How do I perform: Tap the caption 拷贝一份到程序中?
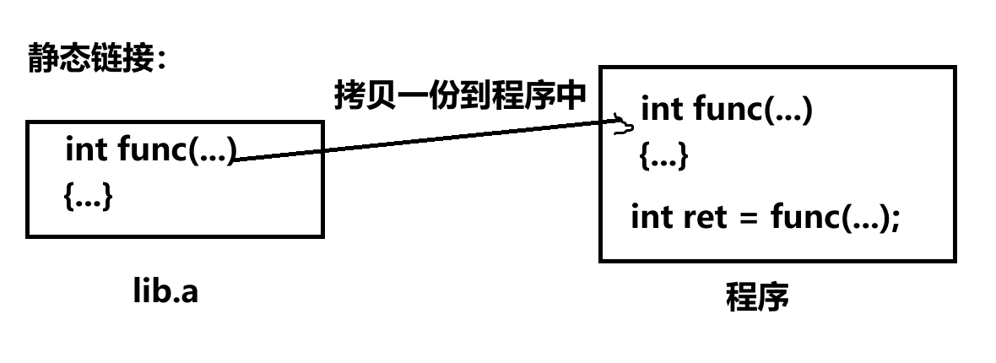point(460,94)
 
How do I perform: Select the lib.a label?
point(165,291)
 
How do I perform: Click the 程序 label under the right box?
point(757,297)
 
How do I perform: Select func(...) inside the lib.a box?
point(176,150)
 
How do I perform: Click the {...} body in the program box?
point(663,156)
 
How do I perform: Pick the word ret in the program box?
point(703,217)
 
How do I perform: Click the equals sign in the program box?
point(746,219)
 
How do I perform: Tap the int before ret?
point(651,217)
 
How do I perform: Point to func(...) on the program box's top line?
point(752,110)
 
